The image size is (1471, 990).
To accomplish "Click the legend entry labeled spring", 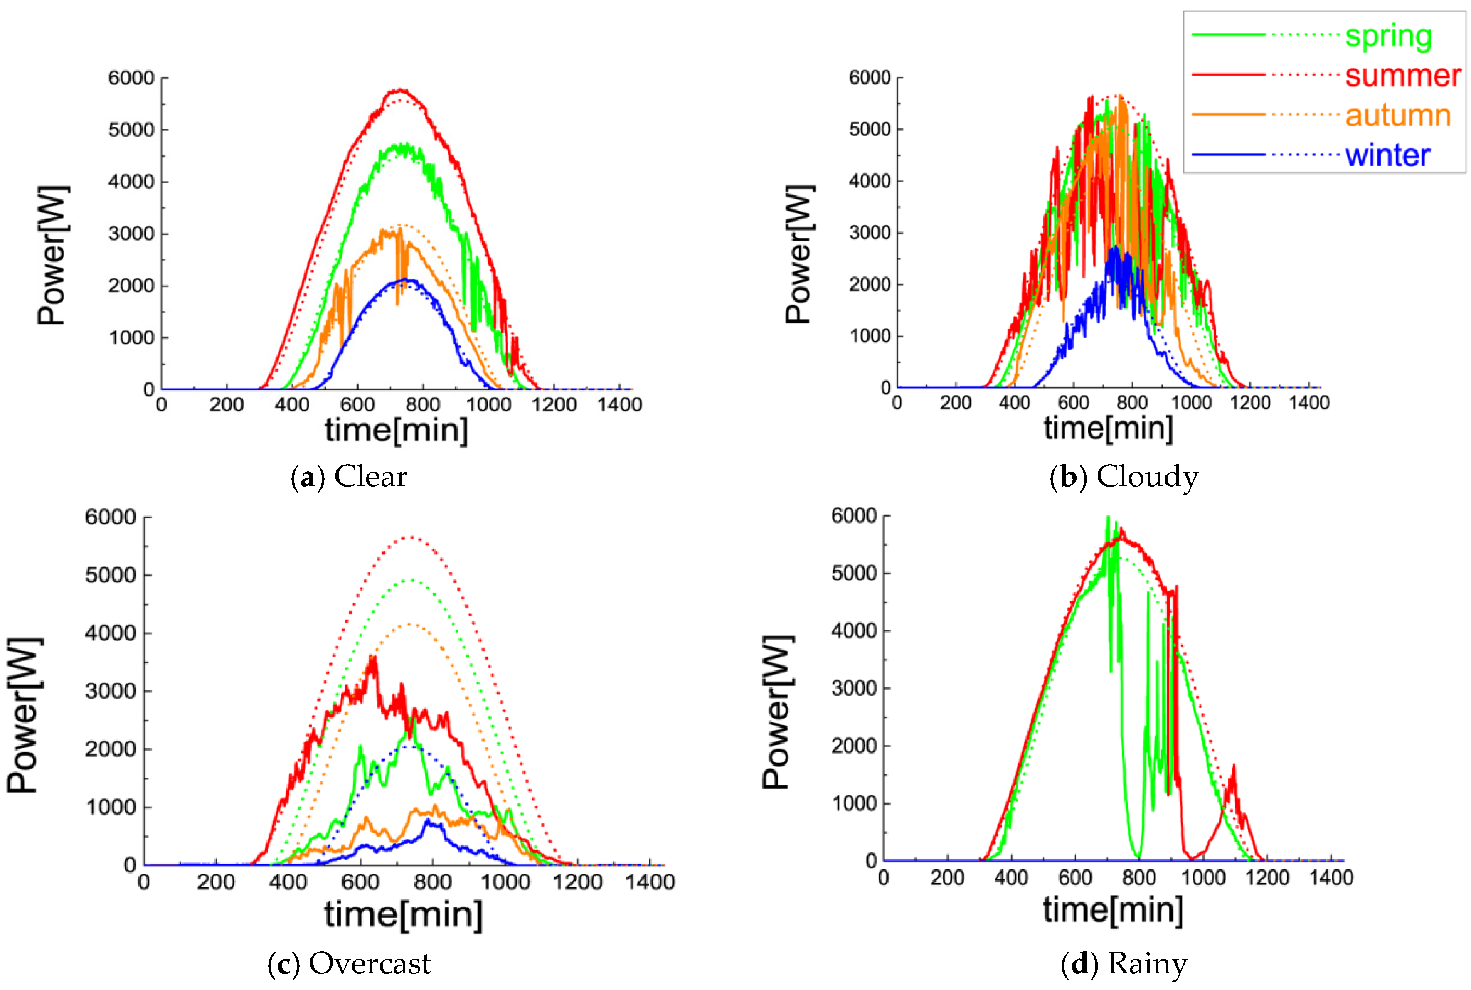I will (x=1388, y=36).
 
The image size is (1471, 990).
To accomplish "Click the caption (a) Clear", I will (x=348, y=477).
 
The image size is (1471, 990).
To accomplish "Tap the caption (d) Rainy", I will (x=1124, y=963).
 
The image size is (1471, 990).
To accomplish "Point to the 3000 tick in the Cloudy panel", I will (x=870, y=232).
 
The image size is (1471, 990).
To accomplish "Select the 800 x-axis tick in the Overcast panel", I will (x=432, y=882).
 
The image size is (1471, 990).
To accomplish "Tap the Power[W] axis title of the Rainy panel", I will (x=776, y=712).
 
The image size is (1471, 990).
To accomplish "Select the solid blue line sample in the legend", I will (x=1228, y=155).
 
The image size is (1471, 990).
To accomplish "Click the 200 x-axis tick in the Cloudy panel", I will (x=955, y=403).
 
